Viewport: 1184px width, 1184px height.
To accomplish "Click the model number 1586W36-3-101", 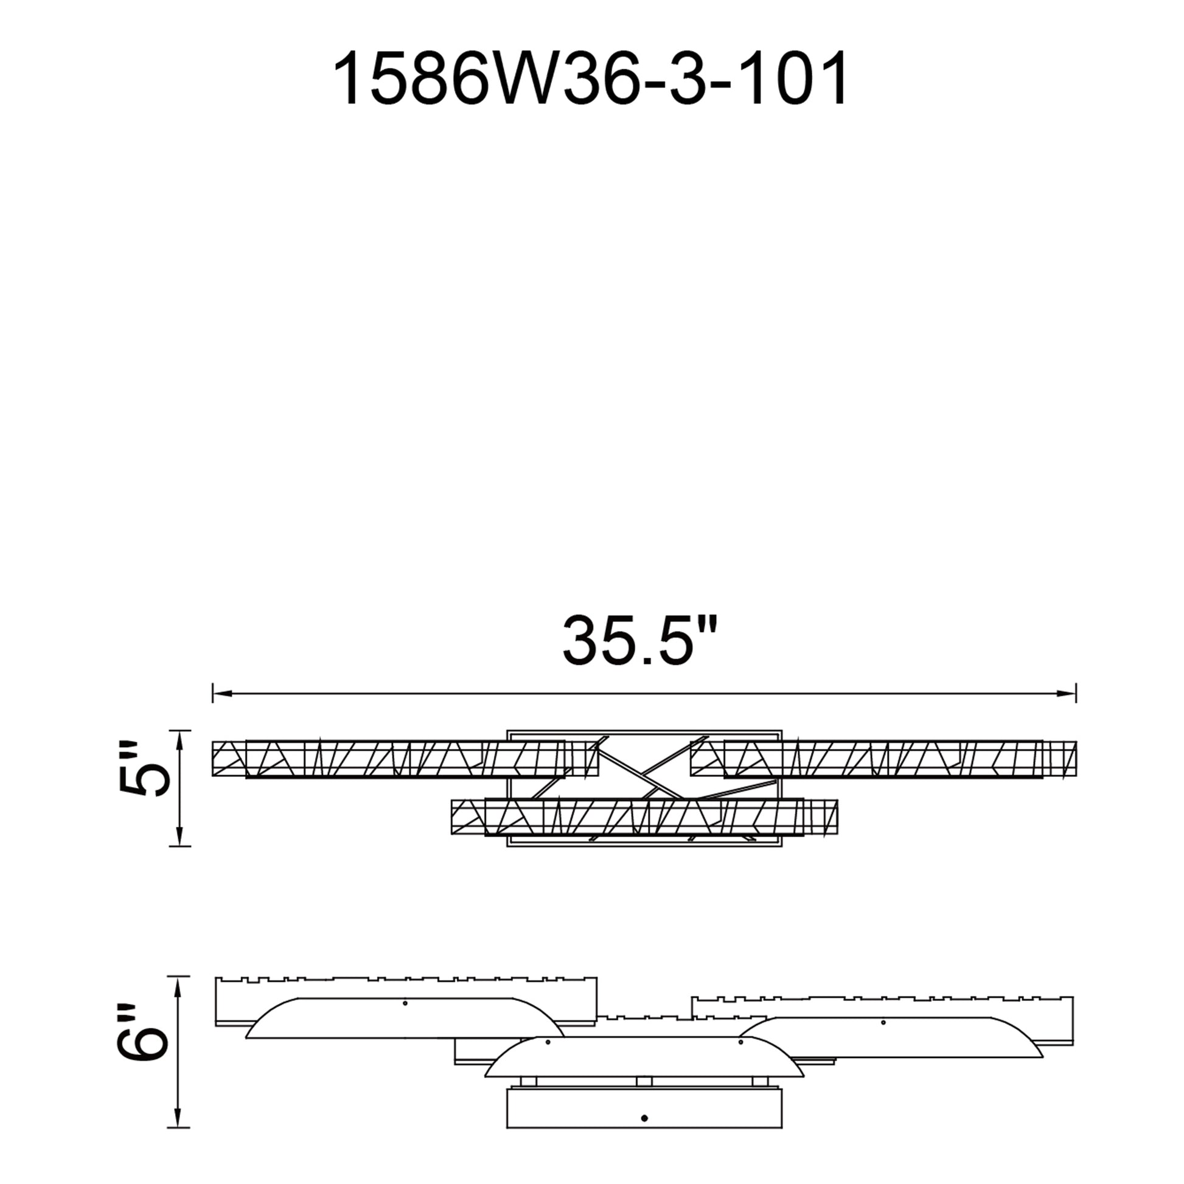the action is point(590,78).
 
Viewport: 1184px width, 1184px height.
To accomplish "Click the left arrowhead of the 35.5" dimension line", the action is point(222,694).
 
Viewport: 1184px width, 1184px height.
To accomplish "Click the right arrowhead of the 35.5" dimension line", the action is point(1067,694).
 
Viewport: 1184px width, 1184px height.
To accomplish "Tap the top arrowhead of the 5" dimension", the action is point(179,740).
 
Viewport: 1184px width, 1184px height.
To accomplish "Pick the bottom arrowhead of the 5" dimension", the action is point(179,837).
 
